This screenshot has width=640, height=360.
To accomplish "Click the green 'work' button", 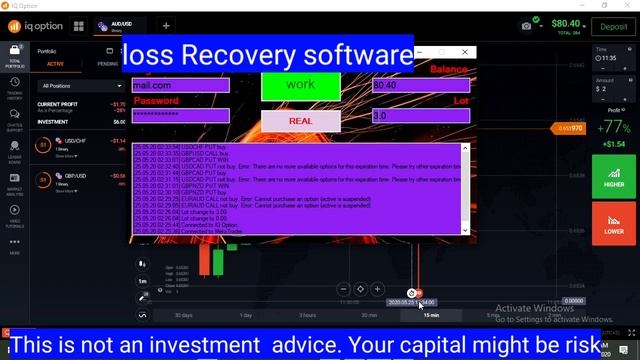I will click(300, 85).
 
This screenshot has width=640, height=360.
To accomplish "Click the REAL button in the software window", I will click(300, 120).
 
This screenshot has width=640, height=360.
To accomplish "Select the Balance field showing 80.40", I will click(420, 86).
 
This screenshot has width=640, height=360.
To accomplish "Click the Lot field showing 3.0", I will click(420, 116).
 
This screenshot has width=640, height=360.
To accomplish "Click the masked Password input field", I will click(181, 116).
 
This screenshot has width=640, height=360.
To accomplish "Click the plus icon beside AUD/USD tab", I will click(166, 26).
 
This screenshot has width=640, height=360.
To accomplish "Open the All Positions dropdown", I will click(80, 86).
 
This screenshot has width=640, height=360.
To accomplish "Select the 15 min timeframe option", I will click(431, 315).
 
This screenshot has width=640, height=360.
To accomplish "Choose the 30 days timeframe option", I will click(183, 315).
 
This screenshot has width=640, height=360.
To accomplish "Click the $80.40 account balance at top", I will click(566, 22).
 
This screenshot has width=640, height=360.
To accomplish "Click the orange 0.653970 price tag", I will click(570, 128).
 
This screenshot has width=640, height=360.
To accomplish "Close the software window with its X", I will click(465, 52).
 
